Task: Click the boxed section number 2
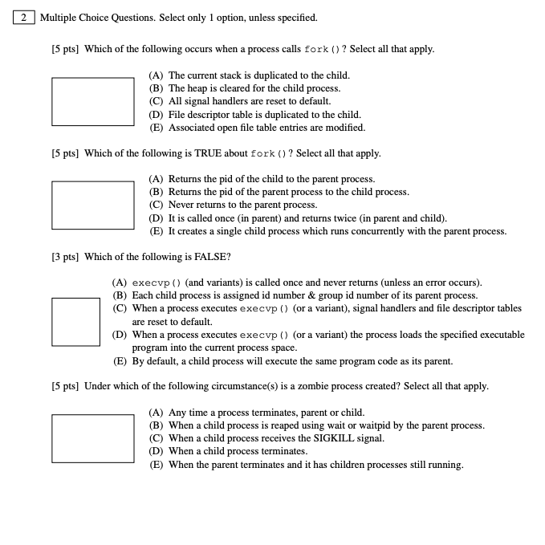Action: click(x=23, y=17)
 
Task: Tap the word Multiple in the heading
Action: click(x=59, y=17)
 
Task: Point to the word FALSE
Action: click(x=213, y=257)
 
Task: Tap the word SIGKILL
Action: click(x=326, y=438)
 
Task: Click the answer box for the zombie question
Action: click(x=93, y=438)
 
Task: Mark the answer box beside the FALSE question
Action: click(x=77, y=322)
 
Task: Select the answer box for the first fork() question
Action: click(x=93, y=101)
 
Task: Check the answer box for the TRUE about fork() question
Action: click(x=93, y=205)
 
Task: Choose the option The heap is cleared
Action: click(x=245, y=88)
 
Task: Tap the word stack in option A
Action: click(x=234, y=75)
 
